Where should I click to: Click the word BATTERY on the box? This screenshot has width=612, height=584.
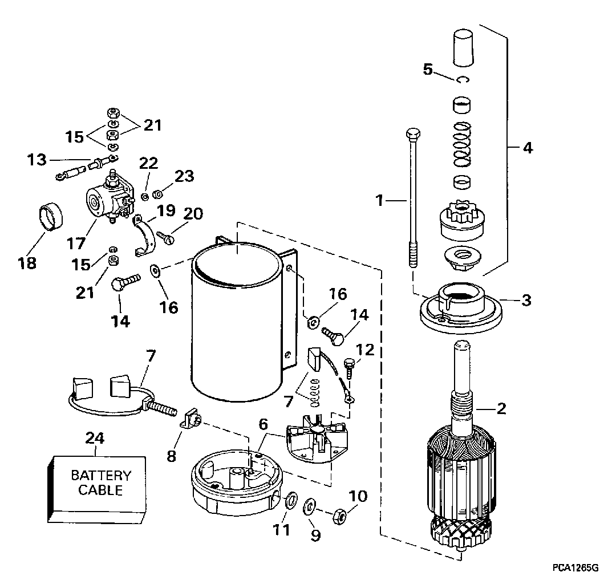[x=101, y=476]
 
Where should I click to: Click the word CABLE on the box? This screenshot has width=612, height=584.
[x=101, y=490]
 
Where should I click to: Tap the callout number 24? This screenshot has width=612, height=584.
[x=95, y=438]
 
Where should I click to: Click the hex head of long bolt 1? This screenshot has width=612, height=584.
[x=413, y=135]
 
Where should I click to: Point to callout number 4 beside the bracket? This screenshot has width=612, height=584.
[x=528, y=148]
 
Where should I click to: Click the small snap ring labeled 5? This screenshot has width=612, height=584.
[x=463, y=79]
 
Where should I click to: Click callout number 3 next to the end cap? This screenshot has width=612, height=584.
[x=526, y=300]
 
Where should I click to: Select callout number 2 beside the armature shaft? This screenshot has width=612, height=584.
[x=501, y=408]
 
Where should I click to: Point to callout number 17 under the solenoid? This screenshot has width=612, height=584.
[x=76, y=243]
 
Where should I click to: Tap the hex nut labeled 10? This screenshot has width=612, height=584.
[x=339, y=517]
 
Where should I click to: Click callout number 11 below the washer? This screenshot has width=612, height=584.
[x=282, y=530]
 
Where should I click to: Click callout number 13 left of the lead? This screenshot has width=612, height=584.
[x=37, y=160]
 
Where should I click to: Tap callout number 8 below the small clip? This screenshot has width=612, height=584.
[x=172, y=456]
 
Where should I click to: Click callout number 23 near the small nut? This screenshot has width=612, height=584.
[x=185, y=176]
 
